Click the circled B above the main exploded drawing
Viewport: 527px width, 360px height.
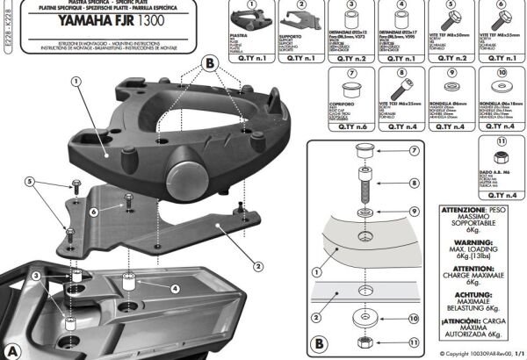pyautogui.click(x=208, y=62)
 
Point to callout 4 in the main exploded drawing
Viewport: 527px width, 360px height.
pyautogui.click(x=175, y=288)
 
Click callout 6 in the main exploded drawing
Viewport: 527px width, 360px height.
pyautogui.click(x=91, y=212)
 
